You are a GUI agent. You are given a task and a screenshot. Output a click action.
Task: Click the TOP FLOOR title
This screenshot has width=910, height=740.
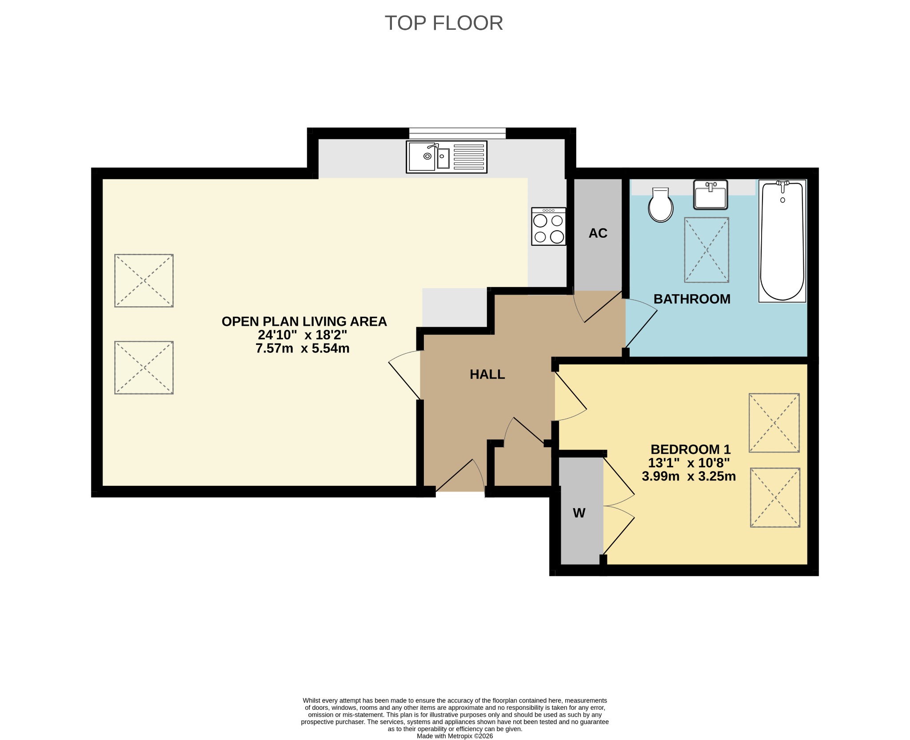click(x=443, y=23)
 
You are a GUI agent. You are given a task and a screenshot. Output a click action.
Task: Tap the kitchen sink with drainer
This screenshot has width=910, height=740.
click(x=447, y=157)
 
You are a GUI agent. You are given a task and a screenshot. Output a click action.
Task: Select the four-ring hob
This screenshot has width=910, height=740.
click(x=549, y=226)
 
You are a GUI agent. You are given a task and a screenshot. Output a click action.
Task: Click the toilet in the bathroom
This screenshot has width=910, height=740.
click(x=661, y=205)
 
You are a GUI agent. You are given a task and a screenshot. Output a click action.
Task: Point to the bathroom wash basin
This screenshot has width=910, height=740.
click(x=710, y=195)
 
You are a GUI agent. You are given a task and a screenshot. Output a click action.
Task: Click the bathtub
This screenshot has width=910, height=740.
click(x=782, y=241)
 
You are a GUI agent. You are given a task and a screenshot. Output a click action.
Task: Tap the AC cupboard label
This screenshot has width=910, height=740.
click(x=598, y=233)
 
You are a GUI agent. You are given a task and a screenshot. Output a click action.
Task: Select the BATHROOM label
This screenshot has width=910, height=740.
click(x=692, y=299)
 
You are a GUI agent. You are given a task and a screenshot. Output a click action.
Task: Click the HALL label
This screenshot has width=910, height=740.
click(x=487, y=375)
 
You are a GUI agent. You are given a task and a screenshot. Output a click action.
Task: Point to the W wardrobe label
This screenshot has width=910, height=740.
click(x=579, y=513)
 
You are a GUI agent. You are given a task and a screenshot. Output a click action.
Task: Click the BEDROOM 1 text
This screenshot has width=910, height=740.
click(x=690, y=449)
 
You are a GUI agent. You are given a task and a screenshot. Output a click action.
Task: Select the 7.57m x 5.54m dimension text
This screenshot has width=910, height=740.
click(x=303, y=348)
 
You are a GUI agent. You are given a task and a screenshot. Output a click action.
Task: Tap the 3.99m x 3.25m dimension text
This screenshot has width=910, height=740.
click(x=689, y=476)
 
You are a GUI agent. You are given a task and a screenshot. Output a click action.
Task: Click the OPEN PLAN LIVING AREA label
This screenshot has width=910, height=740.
click(x=304, y=321)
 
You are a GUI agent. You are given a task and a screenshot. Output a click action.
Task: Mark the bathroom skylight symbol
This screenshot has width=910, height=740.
click(x=706, y=250)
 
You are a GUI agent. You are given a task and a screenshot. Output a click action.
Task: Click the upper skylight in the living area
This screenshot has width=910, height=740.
click(x=144, y=281)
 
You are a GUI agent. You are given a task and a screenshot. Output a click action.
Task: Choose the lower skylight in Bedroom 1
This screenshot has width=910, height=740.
click(x=775, y=497)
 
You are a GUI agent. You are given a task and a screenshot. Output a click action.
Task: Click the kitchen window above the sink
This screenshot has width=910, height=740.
click(x=457, y=133)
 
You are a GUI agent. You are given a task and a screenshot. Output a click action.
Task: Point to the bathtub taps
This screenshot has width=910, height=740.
click(x=782, y=184)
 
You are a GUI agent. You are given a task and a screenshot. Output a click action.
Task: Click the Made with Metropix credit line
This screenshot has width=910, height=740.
click(x=455, y=736)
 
